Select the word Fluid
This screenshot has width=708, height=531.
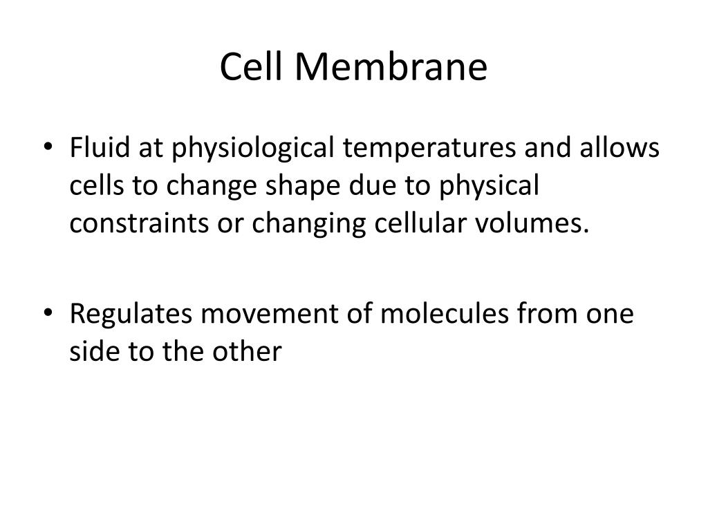[x=93, y=149]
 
